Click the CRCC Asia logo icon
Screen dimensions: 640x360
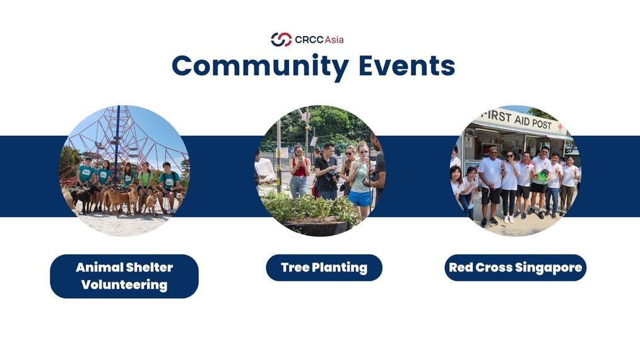coord(281,40)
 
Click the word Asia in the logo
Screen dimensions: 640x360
coord(334,40)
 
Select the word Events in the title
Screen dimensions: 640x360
coord(406,66)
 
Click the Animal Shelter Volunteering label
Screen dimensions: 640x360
coord(124,276)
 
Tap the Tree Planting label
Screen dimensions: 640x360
coord(324,268)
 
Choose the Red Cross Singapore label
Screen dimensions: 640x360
coord(516,268)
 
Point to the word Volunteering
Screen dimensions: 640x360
coord(124,285)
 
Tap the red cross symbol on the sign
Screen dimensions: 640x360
coord(560,127)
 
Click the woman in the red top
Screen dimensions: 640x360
coord(299,172)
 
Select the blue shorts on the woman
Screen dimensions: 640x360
coord(360,198)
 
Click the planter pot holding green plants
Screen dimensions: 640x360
coord(316,228)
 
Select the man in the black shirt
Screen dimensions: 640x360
coord(327,172)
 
